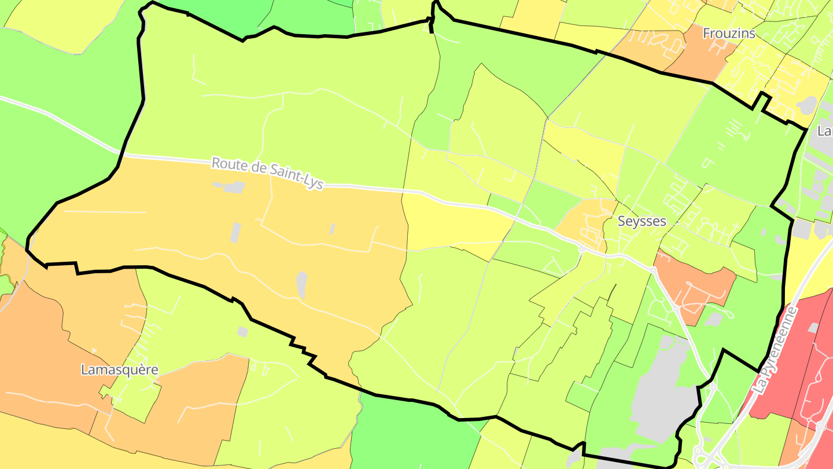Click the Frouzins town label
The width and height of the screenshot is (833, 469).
(x=729, y=34)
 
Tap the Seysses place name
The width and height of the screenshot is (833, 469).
(x=642, y=221)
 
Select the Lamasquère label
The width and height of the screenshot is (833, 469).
(x=119, y=369)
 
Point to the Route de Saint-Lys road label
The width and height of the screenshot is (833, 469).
(x=267, y=172)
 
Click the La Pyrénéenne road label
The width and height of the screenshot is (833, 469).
(x=776, y=351)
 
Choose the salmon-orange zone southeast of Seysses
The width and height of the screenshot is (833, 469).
(x=694, y=284)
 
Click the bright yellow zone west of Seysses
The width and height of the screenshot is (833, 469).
(x=451, y=226)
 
